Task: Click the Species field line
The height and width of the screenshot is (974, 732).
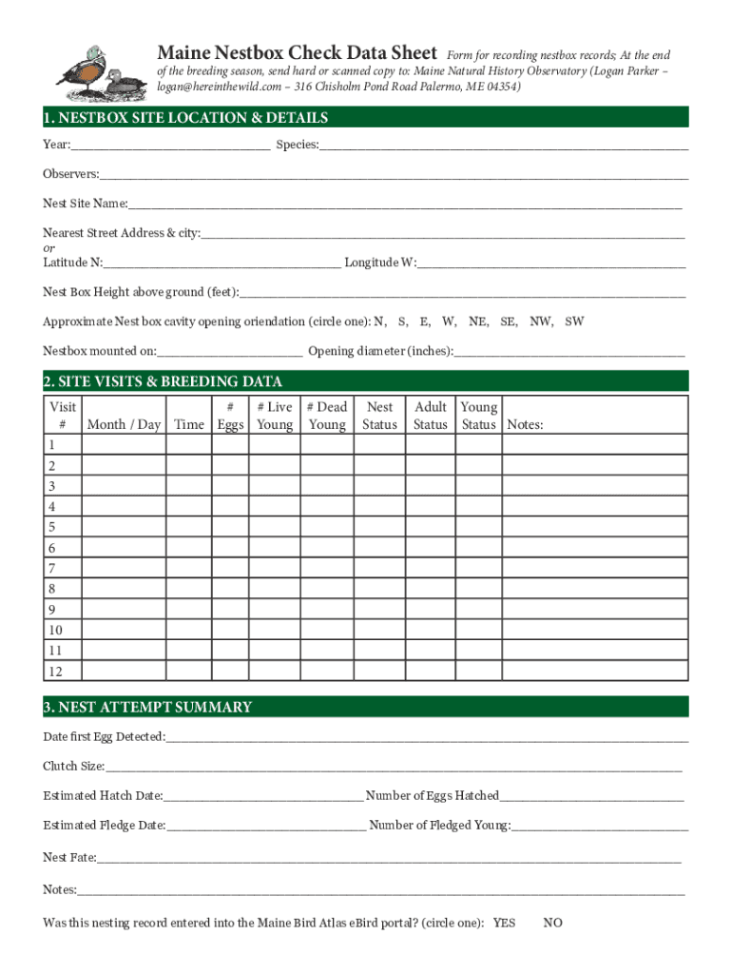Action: coord(504,146)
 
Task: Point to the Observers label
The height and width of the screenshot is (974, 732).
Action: coord(70,174)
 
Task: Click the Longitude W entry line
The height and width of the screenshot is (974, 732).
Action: coord(551,263)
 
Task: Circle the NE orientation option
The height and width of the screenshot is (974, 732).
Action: coord(478,321)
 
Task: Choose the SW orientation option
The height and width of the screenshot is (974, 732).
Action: coord(574,321)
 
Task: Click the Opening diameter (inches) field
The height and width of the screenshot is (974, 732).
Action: coord(570,351)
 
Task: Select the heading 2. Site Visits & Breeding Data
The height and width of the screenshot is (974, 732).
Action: coord(163,381)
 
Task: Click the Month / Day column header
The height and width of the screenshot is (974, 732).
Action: coord(124,424)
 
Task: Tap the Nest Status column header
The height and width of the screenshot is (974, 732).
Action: coord(379,416)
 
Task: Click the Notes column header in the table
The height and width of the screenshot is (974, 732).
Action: coord(525,424)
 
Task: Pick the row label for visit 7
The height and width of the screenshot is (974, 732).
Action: coord(52,568)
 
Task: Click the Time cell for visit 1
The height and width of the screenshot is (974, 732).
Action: coord(189,445)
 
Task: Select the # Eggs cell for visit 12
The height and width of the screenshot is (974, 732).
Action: coord(229,672)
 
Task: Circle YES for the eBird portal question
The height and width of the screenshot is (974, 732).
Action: coord(504,923)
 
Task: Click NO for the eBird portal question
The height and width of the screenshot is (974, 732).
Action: coord(552,923)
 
